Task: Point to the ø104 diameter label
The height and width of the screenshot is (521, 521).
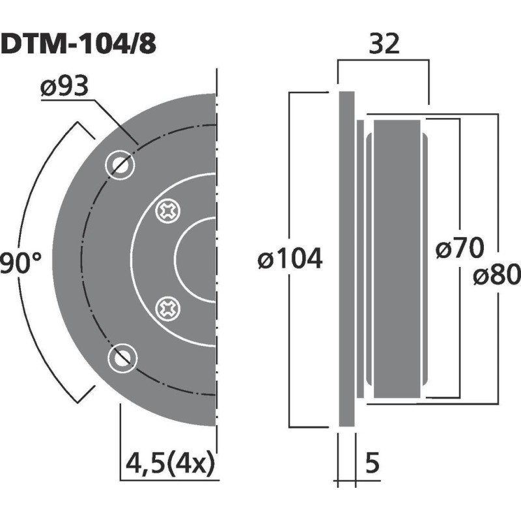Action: tap(290, 260)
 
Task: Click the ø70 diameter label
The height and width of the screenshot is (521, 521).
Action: tap(460, 249)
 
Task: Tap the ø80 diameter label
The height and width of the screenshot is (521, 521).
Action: tap(497, 275)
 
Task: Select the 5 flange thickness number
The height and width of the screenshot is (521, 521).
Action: tap(373, 464)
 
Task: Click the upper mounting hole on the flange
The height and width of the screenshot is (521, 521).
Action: tap(120, 165)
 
